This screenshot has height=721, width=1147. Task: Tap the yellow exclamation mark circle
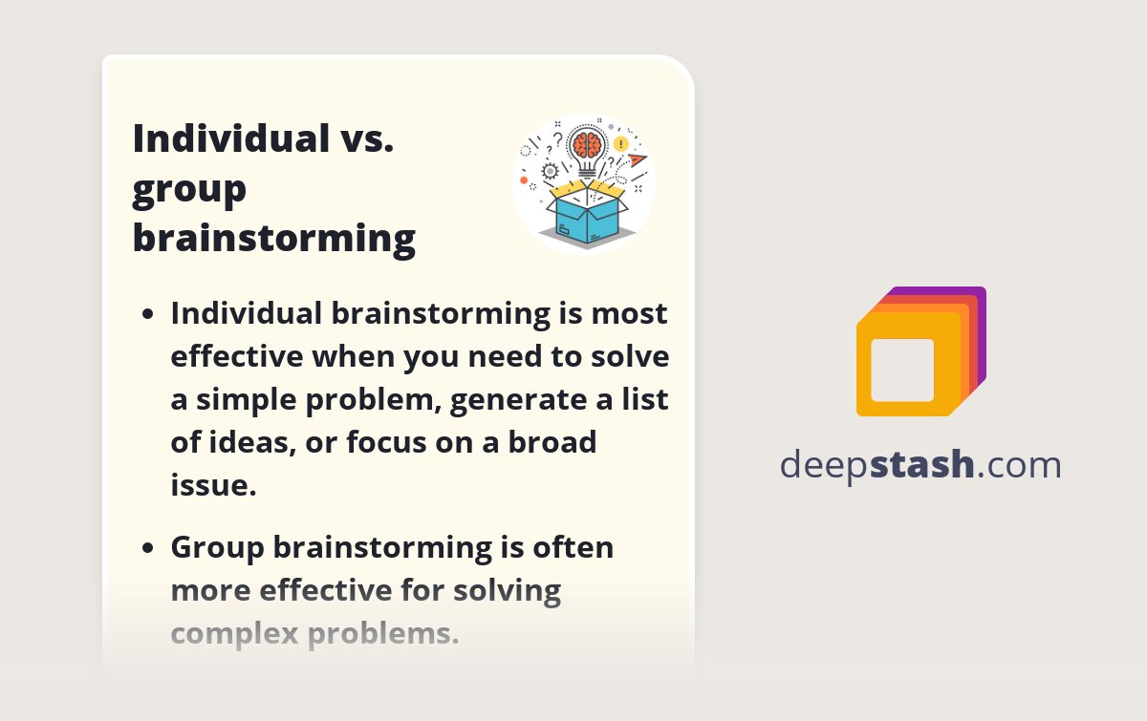(621, 144)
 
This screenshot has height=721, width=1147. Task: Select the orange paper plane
(637, 159)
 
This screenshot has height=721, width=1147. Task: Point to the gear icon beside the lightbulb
(549, 172)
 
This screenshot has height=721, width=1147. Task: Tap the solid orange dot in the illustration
(524, 180)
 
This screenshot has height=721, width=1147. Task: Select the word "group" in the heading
(189, 188)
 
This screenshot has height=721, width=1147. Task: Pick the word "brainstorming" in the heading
(273, 237)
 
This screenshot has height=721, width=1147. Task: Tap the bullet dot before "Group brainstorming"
(147, 548)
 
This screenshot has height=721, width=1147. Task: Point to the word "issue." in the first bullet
(214, 485)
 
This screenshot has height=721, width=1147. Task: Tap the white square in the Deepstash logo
(902, 370)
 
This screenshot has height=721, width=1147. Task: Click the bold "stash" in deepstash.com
(922, 464)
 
